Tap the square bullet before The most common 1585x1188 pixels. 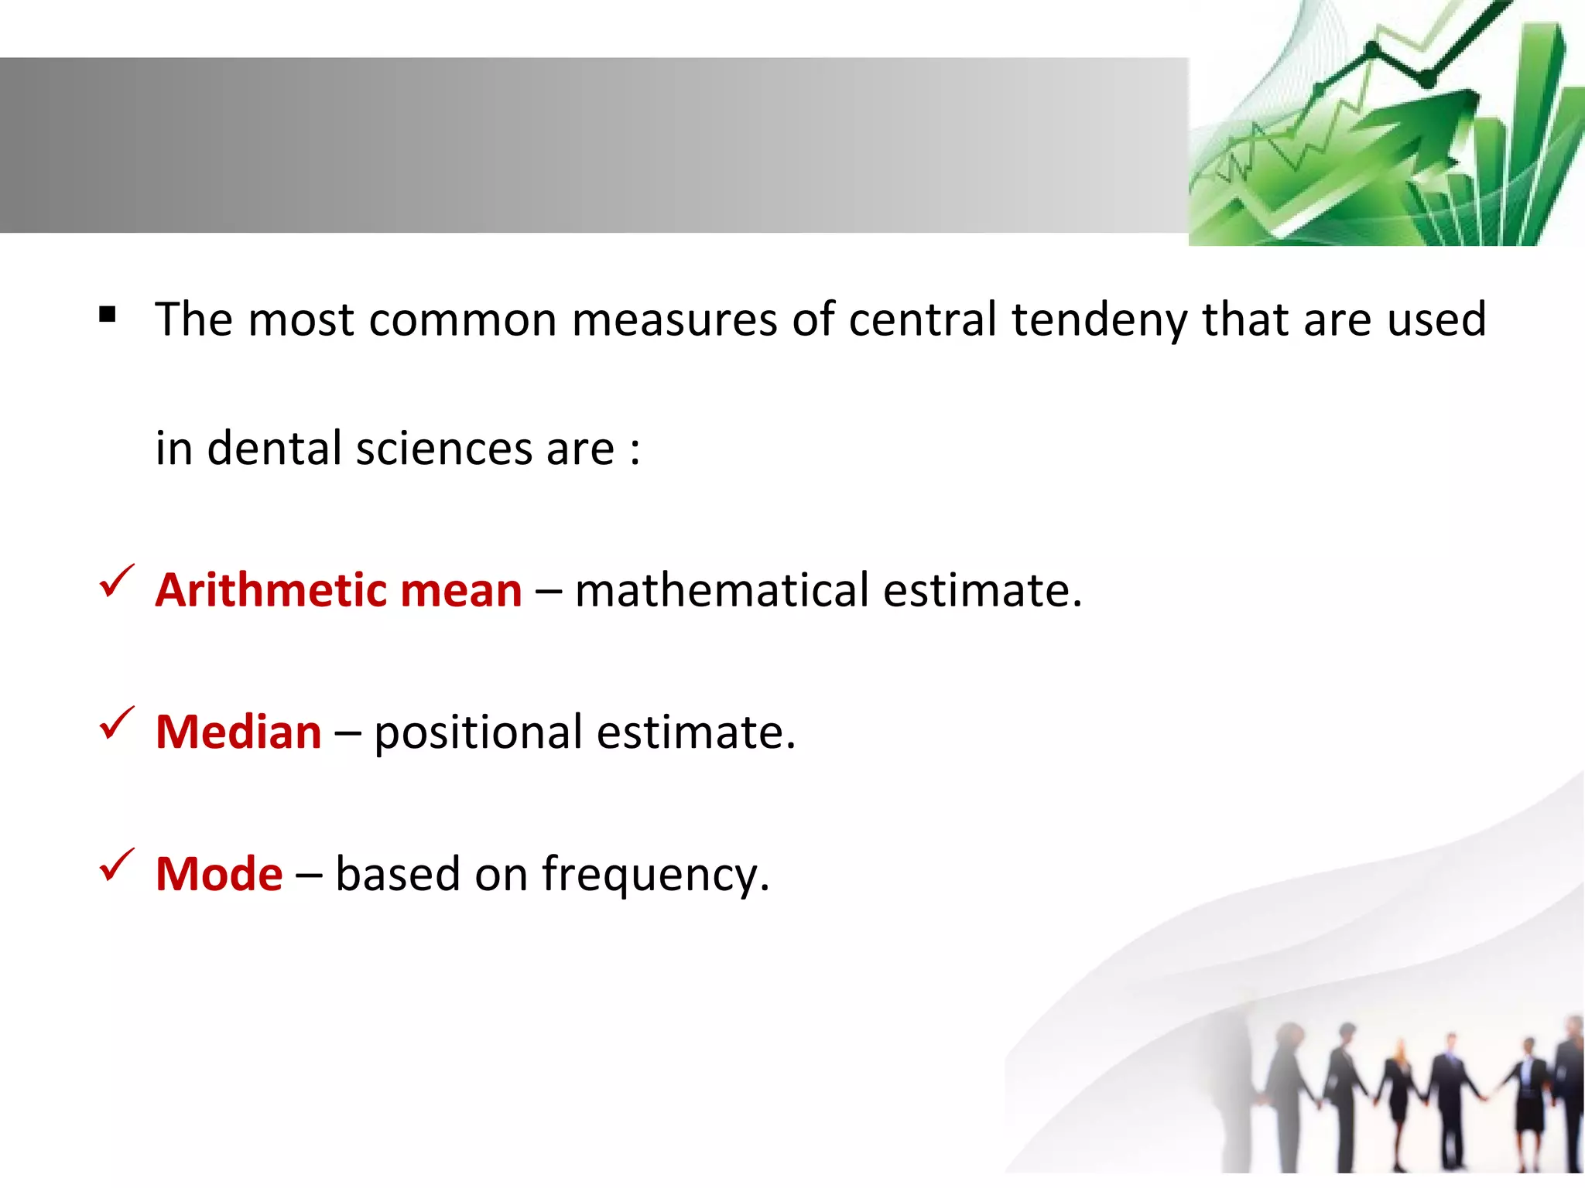[x=108, y=314]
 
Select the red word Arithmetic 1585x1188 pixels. [x=270, y=591]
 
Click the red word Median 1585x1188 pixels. [x=238, y=732]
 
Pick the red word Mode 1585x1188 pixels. [x=219, y=874]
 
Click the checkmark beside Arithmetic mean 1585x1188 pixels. [x=117, y=582]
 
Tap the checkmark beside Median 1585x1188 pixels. [x=117, y=724]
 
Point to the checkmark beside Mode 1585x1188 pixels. [x=117, y=865]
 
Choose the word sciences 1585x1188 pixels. [x=444, y=449]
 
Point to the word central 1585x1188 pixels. [x=922, y=320]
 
